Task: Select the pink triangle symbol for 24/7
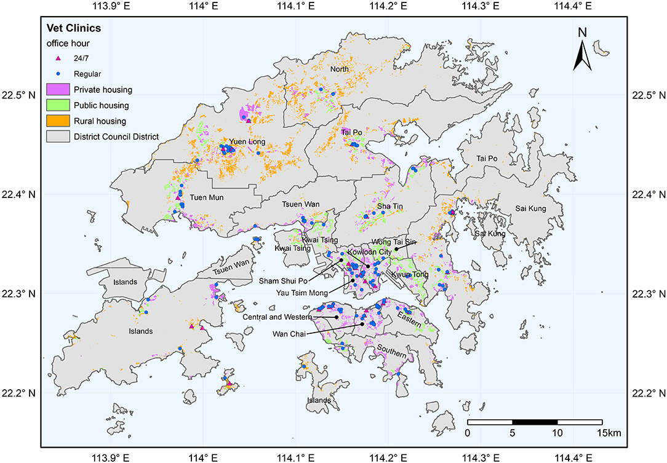point(58,58)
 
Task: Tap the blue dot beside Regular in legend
point(58,74)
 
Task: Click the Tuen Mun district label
point(206,197)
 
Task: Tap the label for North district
point(339,69)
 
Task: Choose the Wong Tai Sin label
point(395,242)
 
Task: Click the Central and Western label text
point(276,317)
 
